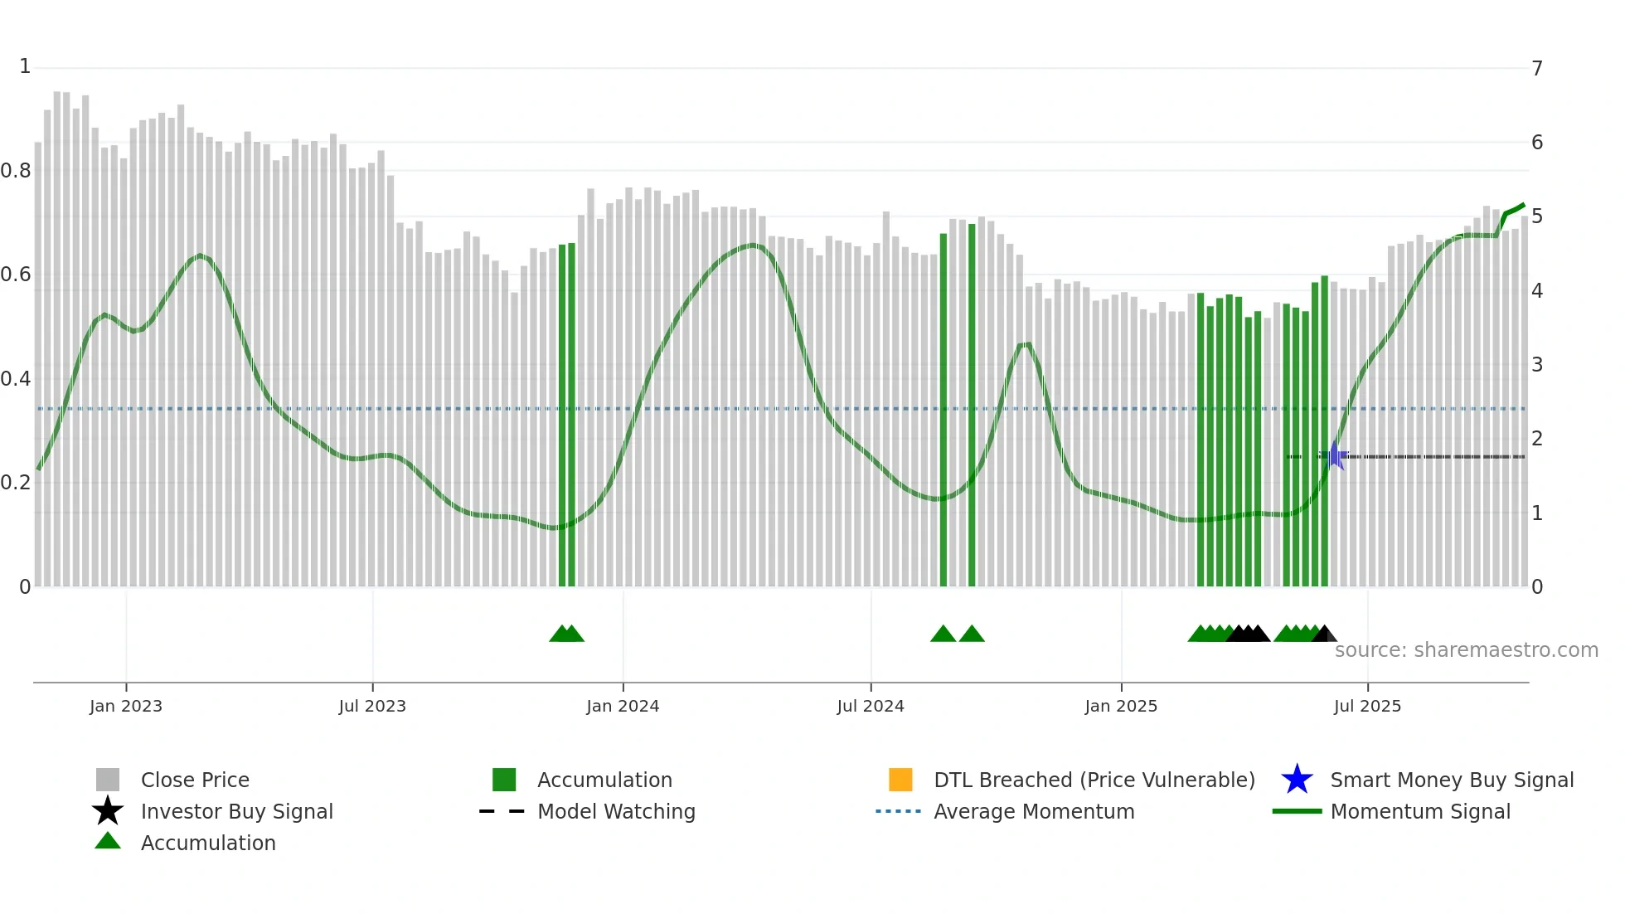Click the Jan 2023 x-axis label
coord(126,706)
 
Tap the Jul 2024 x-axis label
coord(870,706)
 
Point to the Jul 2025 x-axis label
coord(1367,706)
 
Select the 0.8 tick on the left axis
coord(16,171)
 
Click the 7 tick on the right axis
coord(1537,68)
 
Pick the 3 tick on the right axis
coord(1537,365)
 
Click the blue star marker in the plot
coord(1334,456)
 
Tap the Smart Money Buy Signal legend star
coord(1297,780)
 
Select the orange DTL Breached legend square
coord(900,780)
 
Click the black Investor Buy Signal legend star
coord(108,811)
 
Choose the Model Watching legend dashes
coord(502,811)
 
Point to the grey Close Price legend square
coord(108,780)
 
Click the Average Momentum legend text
coord(1034,811)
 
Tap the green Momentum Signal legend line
coord(1297,811)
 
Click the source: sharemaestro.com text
coord(1466,650)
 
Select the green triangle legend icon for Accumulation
coord(108,842)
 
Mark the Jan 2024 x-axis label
coord(623,706)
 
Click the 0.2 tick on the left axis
coord(16,483)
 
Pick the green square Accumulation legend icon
coord(504,780)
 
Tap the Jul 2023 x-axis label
coord(372,706)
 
